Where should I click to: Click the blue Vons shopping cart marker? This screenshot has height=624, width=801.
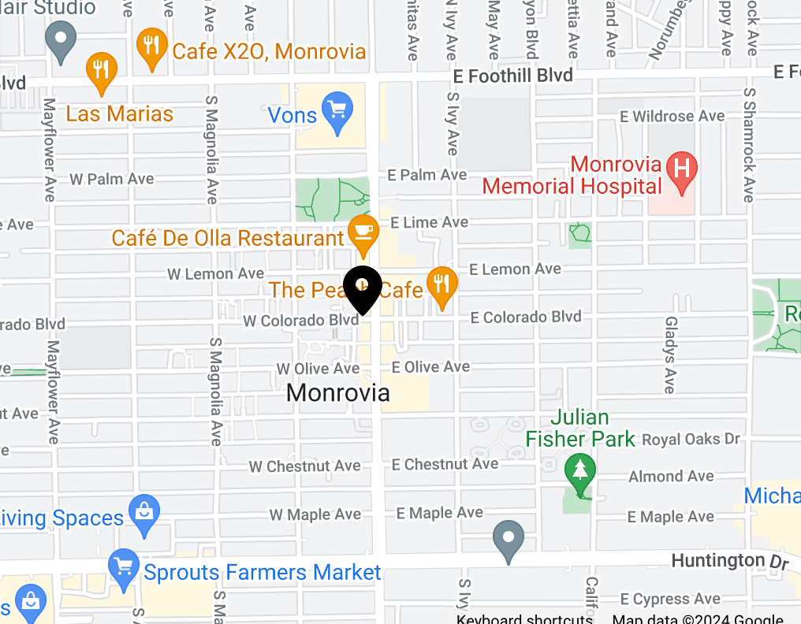tap(338, 111)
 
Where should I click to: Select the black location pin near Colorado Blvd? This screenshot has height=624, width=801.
tap(363, 288)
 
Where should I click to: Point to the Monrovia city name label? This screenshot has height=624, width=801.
tap(337, 392)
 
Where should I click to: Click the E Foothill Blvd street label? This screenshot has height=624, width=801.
tap(513, 75)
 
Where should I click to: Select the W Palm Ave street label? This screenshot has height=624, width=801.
tap(111, 179)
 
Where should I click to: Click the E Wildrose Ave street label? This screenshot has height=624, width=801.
tap(672, 117)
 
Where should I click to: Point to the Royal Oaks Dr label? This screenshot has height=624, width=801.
tap(691, 439)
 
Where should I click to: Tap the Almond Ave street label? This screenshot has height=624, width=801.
tap(671, 476)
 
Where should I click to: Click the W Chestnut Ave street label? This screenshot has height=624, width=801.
tap(304, 466)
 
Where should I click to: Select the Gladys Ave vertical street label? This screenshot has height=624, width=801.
tap(670, 355)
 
